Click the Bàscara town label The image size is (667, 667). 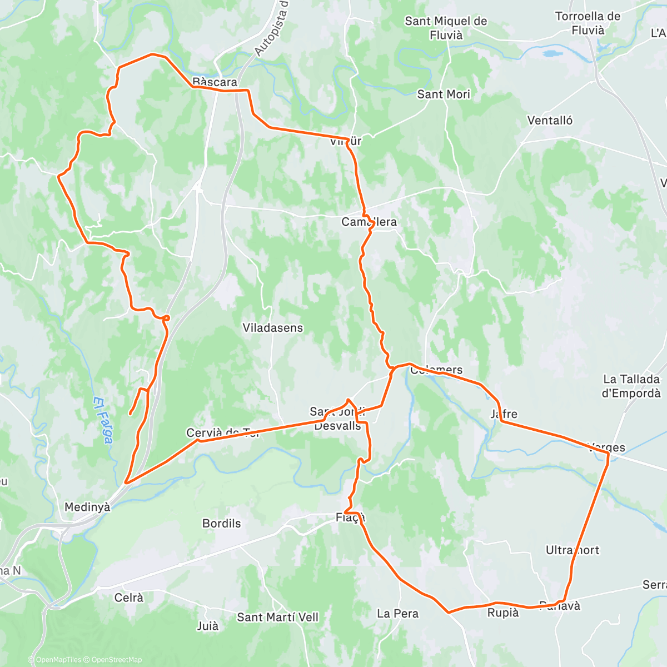coord(215,82)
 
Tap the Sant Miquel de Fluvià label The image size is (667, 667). coord(446,28)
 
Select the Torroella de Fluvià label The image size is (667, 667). coord(588,23)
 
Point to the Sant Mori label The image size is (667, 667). coord(444,94)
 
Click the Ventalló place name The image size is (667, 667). coord(550,121)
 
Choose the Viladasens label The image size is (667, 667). coord(273,328)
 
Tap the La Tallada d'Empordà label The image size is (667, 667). coord(631,386)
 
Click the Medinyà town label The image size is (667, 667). coord(87,507)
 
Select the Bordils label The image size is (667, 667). coord(222,524)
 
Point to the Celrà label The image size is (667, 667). coord(128,598)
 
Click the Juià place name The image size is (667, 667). coord(208,626)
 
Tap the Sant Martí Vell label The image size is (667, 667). coord(278,618)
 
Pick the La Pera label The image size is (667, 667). coord(397,614)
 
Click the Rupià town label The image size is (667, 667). coord(503,613)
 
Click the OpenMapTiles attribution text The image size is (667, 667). coord(58,660)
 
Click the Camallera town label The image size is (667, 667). coord(369,222)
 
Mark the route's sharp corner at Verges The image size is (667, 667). coord(609,455)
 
